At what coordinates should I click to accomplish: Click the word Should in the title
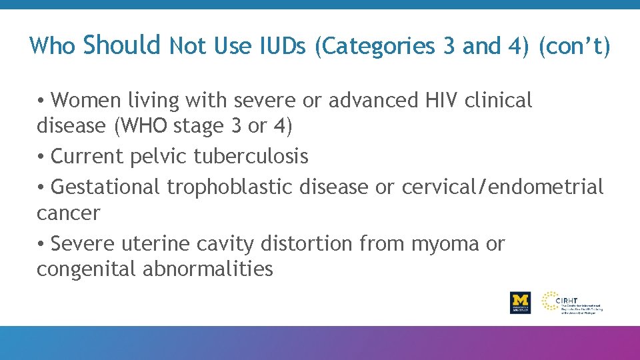(x=123, y=45)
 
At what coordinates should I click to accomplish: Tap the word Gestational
(x=105, y=187)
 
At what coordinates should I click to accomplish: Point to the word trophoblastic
(x=229, y=187)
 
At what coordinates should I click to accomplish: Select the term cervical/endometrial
(x=502, y=187)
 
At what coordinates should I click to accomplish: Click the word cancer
(x=68, y=213)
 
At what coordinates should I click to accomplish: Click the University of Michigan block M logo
(x=520, y=301)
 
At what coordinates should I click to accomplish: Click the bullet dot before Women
(x=41, y=101)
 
